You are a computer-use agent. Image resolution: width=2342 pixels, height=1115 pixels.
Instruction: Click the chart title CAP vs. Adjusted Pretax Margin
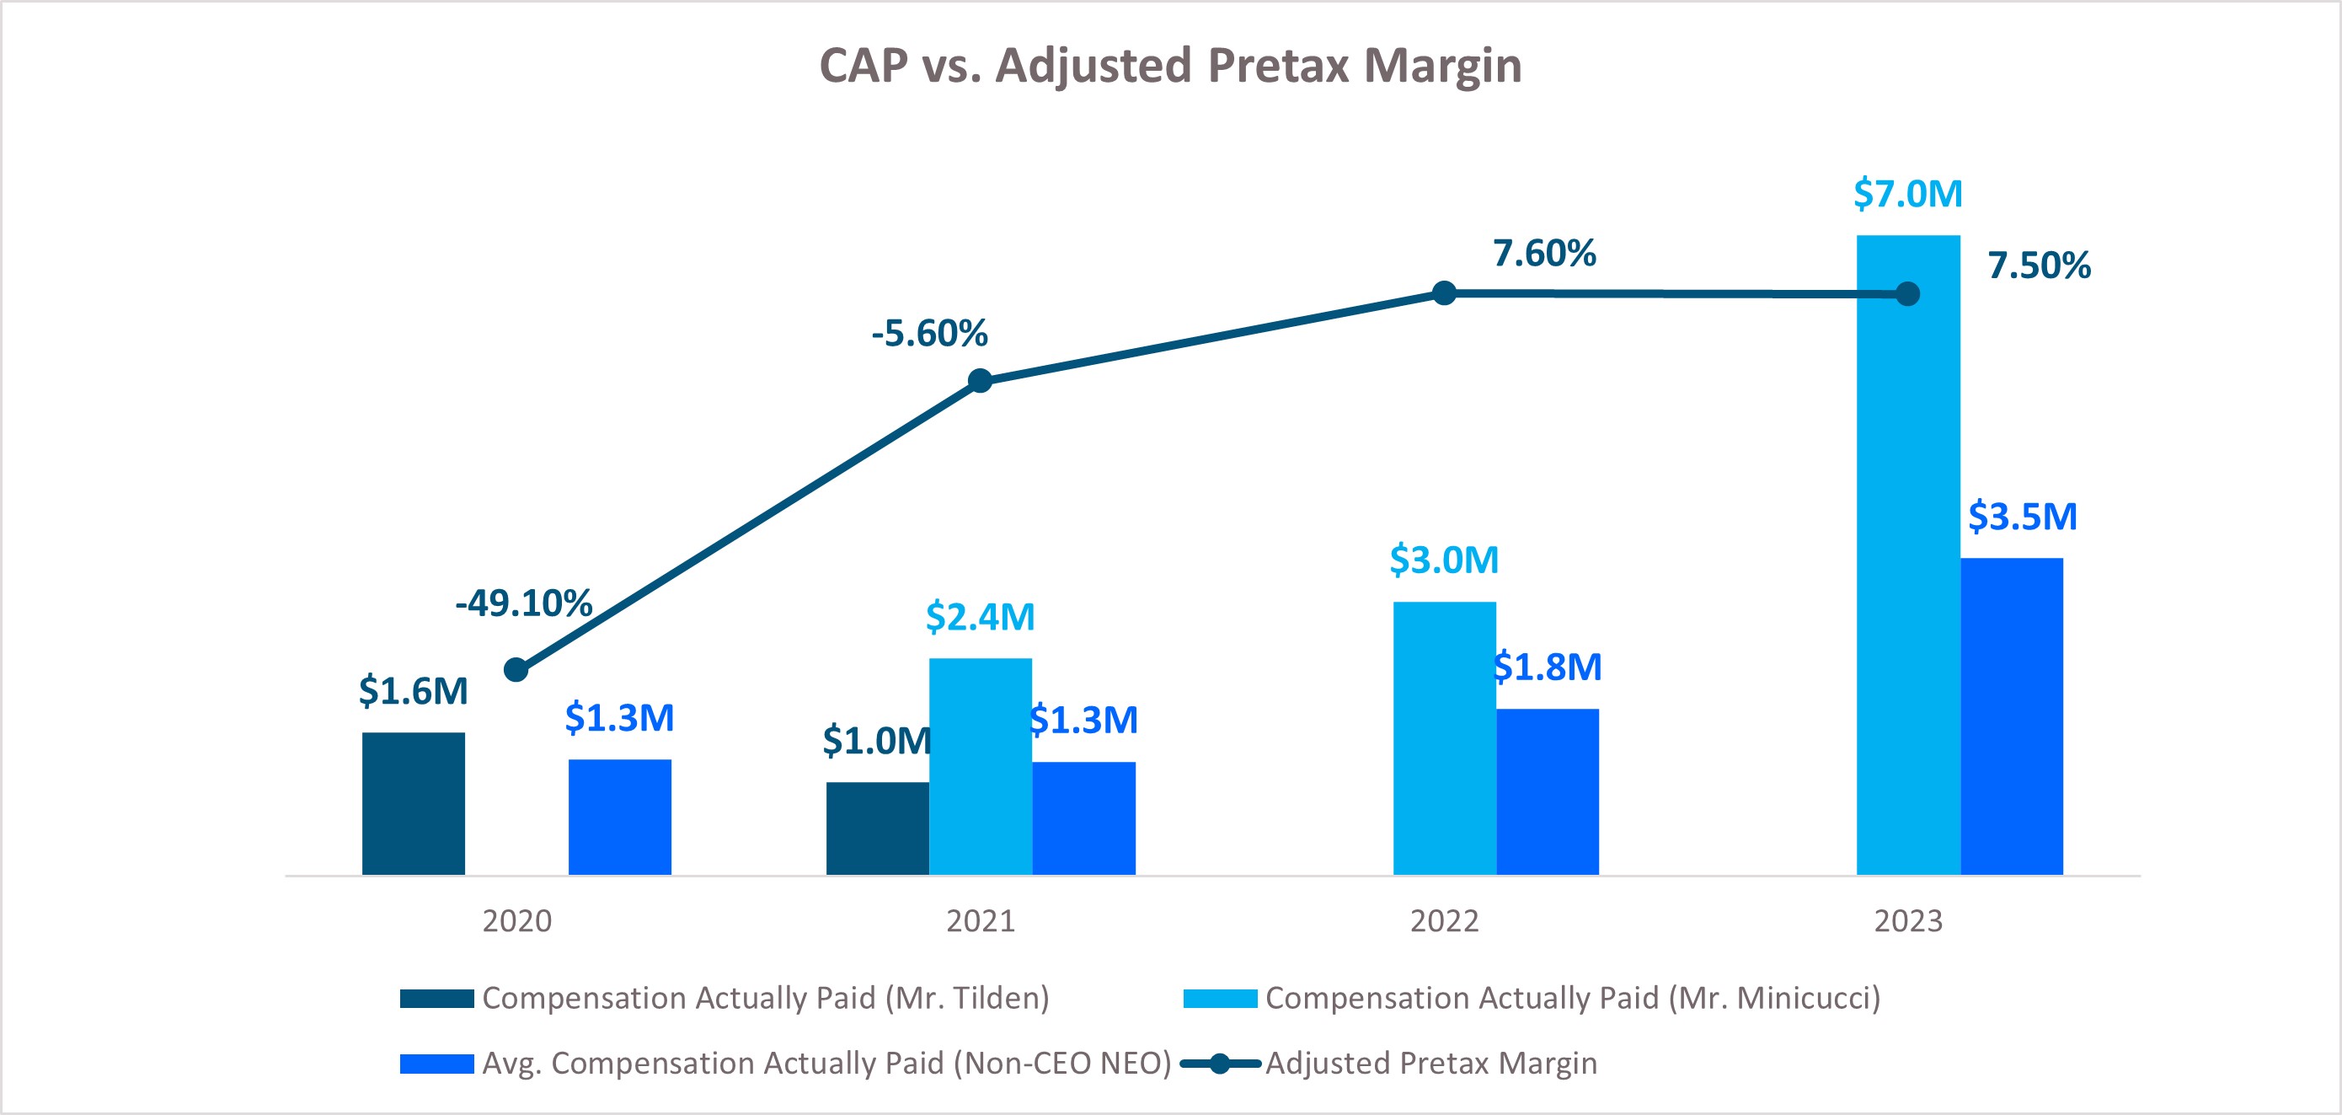(x=1170, y=66)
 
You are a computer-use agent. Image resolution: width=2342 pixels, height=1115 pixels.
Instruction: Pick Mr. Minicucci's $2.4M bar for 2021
(x=980, y=766)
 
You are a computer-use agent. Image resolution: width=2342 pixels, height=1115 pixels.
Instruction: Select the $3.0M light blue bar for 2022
(x=1444, y=737)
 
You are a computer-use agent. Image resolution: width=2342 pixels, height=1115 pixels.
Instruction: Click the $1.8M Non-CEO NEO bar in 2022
(x=1548, y=791)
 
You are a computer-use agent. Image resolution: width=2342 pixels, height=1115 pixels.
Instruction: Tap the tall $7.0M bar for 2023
(x=1907, y=555)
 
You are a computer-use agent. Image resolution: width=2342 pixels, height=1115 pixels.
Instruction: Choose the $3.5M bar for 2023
(x=2011, y=716)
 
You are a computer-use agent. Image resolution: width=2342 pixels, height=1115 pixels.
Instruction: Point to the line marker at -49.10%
(x=516, y=670)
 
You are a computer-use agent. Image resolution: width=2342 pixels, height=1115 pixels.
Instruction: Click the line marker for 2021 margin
(x=980, y=380)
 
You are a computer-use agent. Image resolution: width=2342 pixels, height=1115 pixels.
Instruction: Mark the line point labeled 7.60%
(x=1444, y=292)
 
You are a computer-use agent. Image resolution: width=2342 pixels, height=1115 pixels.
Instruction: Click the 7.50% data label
(x=2039, y=265)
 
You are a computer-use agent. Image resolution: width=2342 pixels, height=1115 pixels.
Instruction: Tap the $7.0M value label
(x=1907, y=194)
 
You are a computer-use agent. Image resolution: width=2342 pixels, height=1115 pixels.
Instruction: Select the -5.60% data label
(x=929, y=333)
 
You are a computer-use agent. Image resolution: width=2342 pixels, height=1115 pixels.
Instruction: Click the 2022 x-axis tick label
(x=1444, y=921)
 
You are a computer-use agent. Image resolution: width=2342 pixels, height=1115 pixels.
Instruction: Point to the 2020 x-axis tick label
(x=516, y=921)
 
